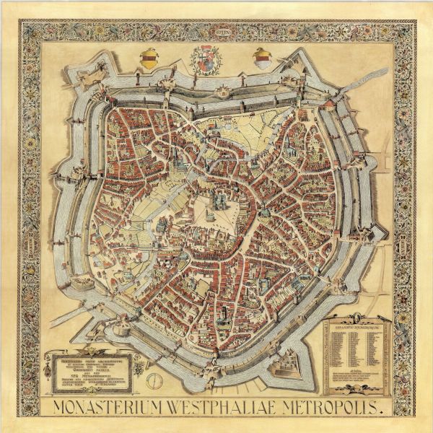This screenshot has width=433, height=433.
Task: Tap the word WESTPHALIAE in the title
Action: [234, 406]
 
